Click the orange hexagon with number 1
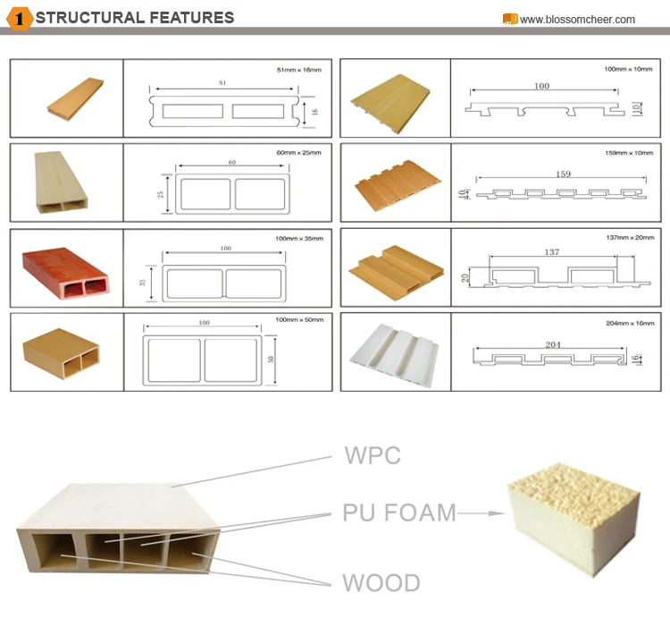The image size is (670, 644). pyautogui.click(x=19, y=18)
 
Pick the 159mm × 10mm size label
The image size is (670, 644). pyautogui.click(x=630, y=152)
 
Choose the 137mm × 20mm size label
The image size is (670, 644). pyautogui.click(x=630, y=239)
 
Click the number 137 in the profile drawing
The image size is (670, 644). pyautogui.click(x=551, y=252)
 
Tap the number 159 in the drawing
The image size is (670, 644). pyautogui.click(x=563, y=174)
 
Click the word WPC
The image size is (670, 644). pyautogui.click(x=373, y=455)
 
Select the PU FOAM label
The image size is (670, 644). pyautogui.click(x=399, y=513)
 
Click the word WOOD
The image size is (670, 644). pyautogui.click(x=381, y=583)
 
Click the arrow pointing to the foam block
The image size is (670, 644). pyautogui.click(x=481, y=513)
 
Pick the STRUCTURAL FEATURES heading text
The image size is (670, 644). pyautogui.click(x=135, y=17)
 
